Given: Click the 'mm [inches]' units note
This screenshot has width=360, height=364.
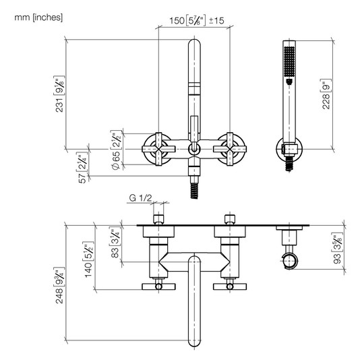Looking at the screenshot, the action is pyautogui.click(x=38, y=18).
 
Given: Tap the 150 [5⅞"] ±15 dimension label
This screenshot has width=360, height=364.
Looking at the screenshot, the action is pyautogui.click(x=197, y=21).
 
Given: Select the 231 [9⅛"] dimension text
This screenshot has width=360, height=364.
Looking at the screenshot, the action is pyautogui.click(x=59, y=94).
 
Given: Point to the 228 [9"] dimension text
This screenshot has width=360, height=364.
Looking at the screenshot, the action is pyautogui.click(x=326, y=94).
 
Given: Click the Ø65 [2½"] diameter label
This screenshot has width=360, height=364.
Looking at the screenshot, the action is pyautogui.click(x=116, y=150).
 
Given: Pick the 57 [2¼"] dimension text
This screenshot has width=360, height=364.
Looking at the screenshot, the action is pyautogui.click(x=82, y=168).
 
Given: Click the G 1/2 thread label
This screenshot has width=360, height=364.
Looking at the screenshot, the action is pyautogui.click(x=140, y=198).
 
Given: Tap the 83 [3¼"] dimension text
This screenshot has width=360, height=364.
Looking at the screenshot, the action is pyautogui.click(x=115, y=243).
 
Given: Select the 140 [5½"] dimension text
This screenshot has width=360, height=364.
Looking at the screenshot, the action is pyautogui.click(x=88, y=260).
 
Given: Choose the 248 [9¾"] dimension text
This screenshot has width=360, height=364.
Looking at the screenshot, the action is pyautogui.click(x=59, y=285).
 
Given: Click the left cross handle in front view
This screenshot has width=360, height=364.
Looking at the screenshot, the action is pyautogui.click(x=158, y=149).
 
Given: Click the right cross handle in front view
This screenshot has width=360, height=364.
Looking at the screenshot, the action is pyautogui.click(x=230, y=149).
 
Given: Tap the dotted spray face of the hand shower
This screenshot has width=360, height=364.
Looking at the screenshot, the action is pyautogui.click(x=289, y=61).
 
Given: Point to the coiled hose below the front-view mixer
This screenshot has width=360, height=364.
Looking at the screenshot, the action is pyautogui.click(x=194, y=191).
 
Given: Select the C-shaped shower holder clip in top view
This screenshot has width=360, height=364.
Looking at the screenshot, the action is pyautogui.click(x=289, y=261).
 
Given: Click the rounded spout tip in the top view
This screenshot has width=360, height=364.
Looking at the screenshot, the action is pyautogui.click(x=194, y=340).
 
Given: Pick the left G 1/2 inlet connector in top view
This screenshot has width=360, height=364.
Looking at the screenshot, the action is pyautogui.click(x=158, y=219).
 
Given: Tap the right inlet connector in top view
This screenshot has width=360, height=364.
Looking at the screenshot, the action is pyautogui.click(x=230, y=219).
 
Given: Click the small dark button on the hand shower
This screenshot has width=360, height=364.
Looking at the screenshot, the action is pyautogui.click(x=289, y=82).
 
